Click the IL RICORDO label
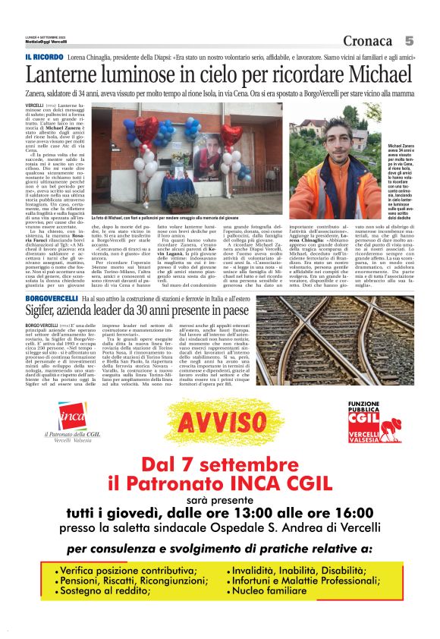[43, 58]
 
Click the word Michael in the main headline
[375, 75]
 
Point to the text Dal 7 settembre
[219, 463]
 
